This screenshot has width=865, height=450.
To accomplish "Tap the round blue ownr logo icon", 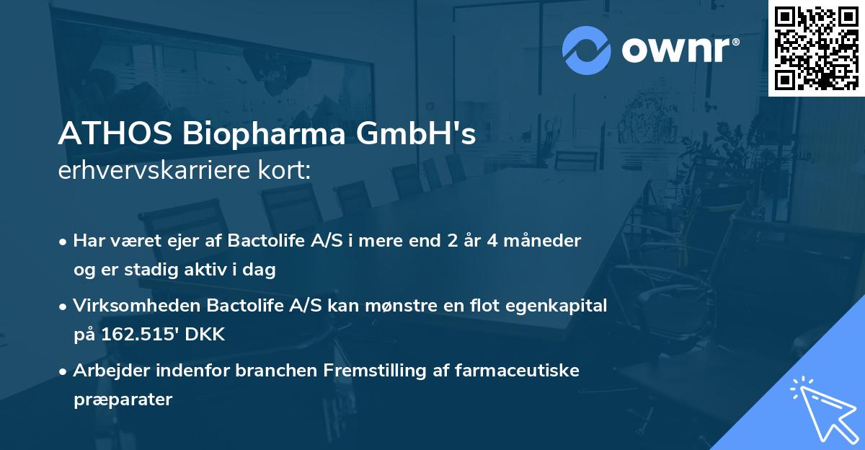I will [x=587, y=49].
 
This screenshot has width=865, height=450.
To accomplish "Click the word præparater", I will [x=123, y=399].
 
